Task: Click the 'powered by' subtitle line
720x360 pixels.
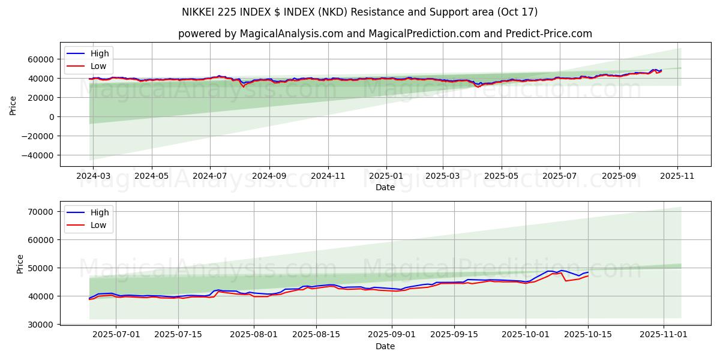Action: [x=385, y=34]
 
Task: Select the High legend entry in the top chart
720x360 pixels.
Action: [x=99, y=53]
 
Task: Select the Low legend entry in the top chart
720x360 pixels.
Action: [x=98, y=66]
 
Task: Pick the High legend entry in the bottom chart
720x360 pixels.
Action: [x=99, y=212]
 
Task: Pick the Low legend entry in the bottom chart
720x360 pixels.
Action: [x=98, y=225]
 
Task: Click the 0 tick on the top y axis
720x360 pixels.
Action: [x=52, y=117]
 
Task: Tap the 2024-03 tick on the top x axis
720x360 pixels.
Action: [x=94, y=176]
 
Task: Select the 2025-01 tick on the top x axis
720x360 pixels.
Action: [x=386, y=176]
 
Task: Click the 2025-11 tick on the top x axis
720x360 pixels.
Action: [x=677, y=176]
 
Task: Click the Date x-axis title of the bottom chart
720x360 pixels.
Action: [x=385, y=346]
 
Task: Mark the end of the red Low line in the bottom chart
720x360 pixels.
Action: [x=588, y=276]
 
